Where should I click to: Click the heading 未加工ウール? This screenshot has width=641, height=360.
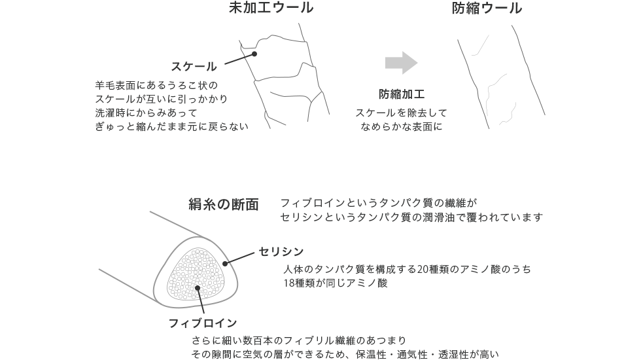[x=271, y=9]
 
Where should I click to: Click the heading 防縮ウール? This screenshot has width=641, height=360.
[x=487, y=9]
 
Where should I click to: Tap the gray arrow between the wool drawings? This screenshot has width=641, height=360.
[x=401, y=63]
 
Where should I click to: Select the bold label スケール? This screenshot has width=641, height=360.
[x=194, y=66]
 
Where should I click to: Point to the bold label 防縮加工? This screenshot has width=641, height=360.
[x=402, y=94]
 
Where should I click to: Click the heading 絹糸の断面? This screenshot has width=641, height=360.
[x=224, y=205]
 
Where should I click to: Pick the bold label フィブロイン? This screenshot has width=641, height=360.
[x=202, y=323]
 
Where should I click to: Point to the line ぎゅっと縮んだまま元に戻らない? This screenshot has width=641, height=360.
[x=172, y=126]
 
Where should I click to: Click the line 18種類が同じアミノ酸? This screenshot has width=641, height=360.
[x=336, y=283]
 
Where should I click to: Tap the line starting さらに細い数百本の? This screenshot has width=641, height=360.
[x=299, y=340]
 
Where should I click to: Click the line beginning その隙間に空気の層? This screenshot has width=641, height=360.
[x=345, y=354]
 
